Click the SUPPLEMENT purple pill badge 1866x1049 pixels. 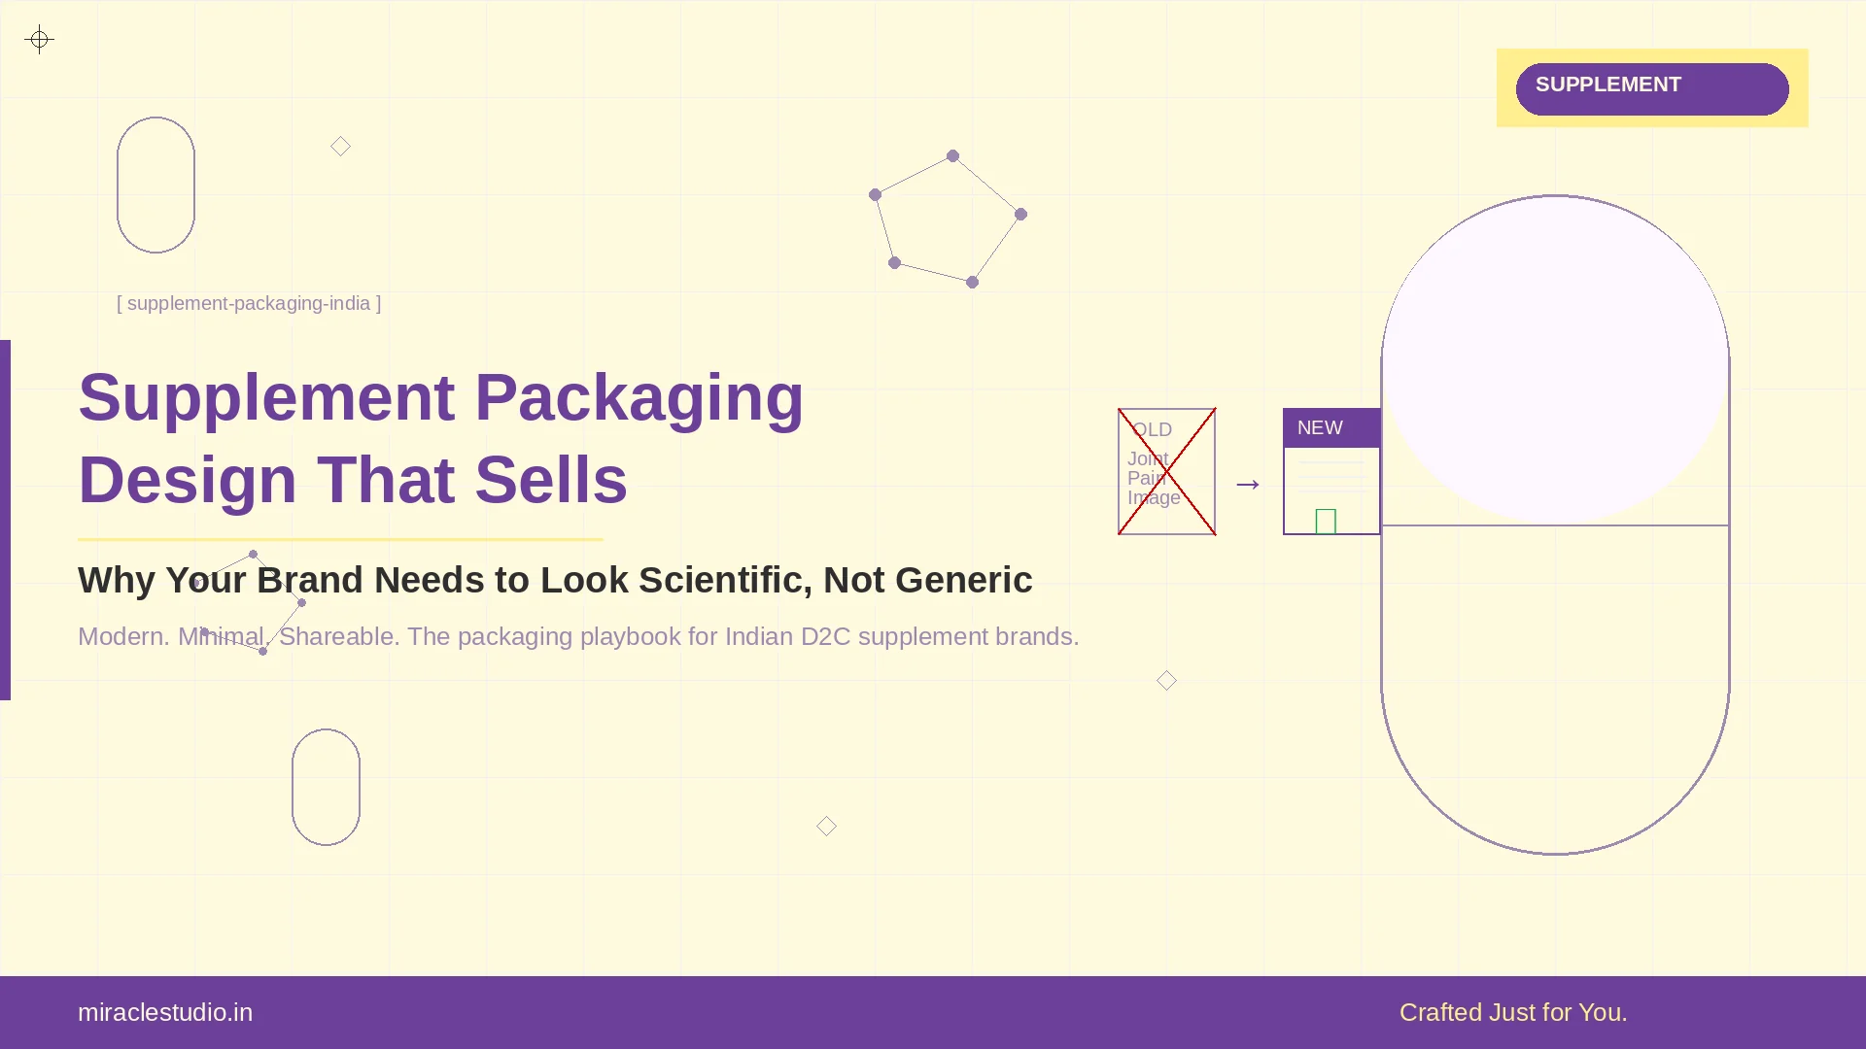(x=1651, y=88)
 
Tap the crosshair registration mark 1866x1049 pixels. (x=39, y=40)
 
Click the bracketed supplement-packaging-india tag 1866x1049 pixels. (x=249, y=303)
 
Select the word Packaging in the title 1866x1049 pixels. (x=639, y=398)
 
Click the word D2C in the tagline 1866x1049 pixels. (x=825, y=636)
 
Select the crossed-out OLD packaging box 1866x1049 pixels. (x=1166, y=471)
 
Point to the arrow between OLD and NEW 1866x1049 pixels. (x=1248, y=484)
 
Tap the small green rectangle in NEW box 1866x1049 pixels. (x=1326, y=522)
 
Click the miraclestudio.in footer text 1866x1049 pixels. (x=165, y=1012)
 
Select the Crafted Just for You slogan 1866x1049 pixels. (x=1512, y=1012)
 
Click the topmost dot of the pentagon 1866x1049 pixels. (x=952, y=155)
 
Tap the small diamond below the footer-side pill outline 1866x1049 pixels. (x=826, y=826)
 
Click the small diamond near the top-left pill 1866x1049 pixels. (x=340, y=147)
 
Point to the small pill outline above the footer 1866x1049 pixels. (x=326, y=787)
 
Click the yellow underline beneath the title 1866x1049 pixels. (x=340, y=539)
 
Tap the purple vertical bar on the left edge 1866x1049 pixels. (x=5, y=520)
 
